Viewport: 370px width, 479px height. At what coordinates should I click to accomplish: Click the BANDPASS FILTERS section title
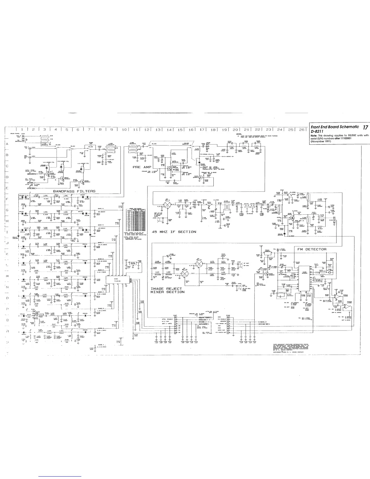tap(74, 191)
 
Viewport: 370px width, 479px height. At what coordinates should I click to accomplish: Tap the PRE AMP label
tap(142, 167)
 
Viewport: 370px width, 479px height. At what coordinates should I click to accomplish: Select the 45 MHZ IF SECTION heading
tap(174, 232)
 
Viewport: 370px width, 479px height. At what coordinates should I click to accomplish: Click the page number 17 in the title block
tap(365, 127)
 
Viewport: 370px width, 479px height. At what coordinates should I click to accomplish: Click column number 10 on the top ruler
tap(124, 129)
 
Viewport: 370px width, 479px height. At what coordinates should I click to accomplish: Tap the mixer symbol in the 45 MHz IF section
tap(167, 204)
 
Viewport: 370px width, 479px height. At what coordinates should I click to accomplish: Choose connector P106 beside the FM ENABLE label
tap(228, 326)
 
